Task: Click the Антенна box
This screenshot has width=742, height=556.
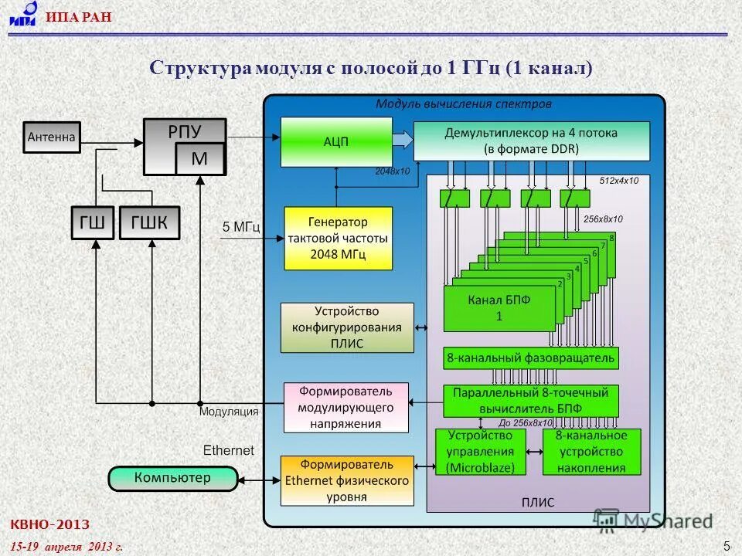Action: pos(52,137)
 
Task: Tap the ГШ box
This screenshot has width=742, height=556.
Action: pos(93,224)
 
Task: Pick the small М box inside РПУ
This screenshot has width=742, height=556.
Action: pos(199,159)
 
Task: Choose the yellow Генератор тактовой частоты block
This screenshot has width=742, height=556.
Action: pos(338,237)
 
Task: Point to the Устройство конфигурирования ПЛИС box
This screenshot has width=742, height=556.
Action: pos(347,327)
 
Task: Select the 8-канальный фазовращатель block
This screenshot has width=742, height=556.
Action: pos(531,358)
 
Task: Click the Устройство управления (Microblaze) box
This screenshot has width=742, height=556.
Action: pos(480,452)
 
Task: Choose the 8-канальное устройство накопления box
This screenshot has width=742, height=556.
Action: pos(591,452)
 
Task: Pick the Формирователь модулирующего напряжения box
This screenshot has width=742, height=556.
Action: pos(345,407)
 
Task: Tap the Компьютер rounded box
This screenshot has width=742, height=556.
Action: pos(172,479)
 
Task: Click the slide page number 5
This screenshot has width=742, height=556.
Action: pos(727,546)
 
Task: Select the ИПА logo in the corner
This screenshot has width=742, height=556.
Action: pos(22,15)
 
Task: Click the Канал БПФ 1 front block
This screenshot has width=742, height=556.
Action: pos(499,307)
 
